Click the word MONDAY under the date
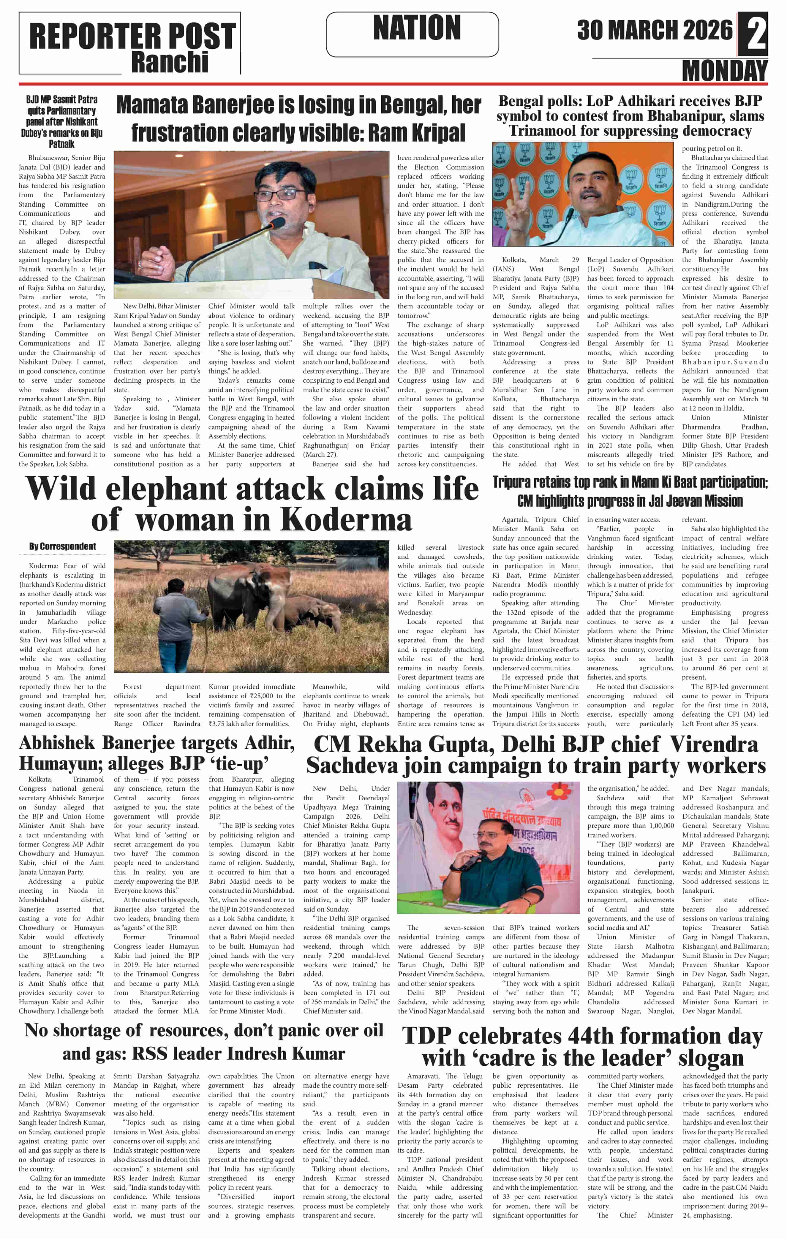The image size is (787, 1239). coord(724,70)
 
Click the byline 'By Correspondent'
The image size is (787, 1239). coord(62,546)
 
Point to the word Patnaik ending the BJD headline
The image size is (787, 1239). coord(62,144)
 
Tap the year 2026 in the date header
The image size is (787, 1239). coord(707,30)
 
